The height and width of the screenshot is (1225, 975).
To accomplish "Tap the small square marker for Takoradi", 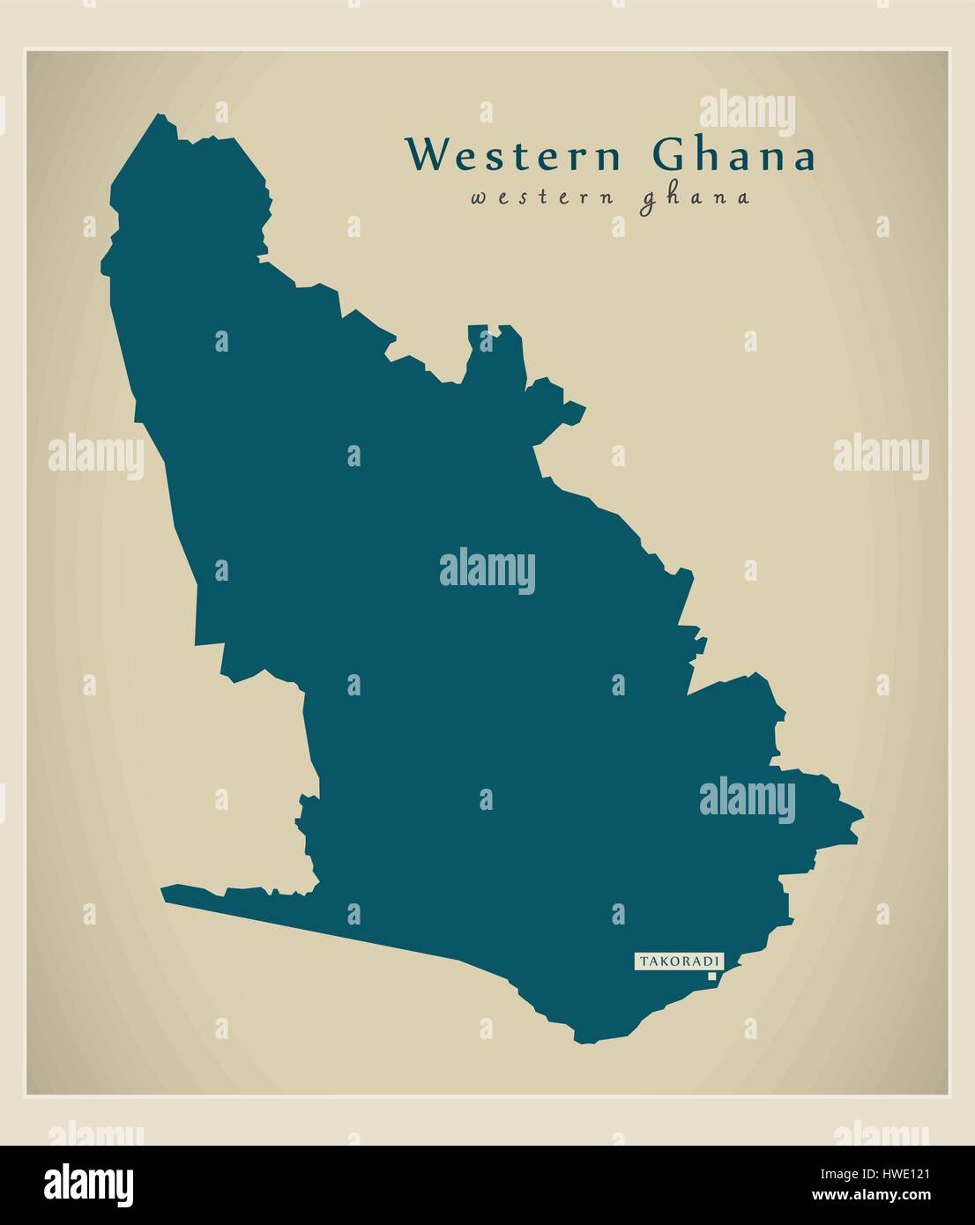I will tap(711, 976).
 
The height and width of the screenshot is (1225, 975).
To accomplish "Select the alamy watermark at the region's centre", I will tap(487, 568).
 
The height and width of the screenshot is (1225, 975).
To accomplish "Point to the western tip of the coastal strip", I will tap(163, 893).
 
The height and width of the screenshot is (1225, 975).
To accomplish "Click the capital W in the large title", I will tap(426, 156).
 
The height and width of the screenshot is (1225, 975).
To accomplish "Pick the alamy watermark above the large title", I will tap(747, 115).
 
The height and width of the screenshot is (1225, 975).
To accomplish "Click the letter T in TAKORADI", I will tap(644, 961).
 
